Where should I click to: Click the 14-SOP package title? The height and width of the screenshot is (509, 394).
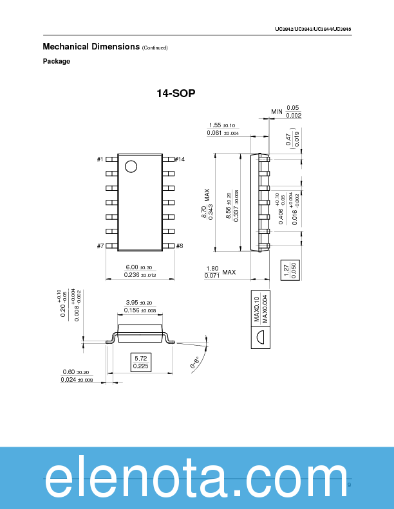(x=176, y=94)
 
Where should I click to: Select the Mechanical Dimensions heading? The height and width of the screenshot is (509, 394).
(x=91, y=47)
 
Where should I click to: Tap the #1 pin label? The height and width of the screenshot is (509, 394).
(x=100, y=159)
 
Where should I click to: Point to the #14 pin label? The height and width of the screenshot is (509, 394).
(x=180, y=159)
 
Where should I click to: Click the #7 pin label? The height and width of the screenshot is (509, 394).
(x=100, y=246)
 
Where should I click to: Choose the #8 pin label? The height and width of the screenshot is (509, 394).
(x=180, y=246)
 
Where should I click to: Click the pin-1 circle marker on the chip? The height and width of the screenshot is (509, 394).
(x=131, y=166)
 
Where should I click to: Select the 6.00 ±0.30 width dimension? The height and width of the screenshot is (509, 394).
(x=140, y=267)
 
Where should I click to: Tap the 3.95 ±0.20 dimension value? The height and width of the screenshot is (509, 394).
(x=140, y=303)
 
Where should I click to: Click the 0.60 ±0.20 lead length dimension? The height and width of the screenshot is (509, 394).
(x=77, y=372)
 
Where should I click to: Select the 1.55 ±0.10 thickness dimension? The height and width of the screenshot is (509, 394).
(x=222, y=125)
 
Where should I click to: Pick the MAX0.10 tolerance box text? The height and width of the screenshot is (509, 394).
(x=256, y=308)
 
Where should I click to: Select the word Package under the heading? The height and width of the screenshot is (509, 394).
(x=57, y=62)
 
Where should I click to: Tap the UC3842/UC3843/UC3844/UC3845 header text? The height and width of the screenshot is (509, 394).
(x=312, y=30)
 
